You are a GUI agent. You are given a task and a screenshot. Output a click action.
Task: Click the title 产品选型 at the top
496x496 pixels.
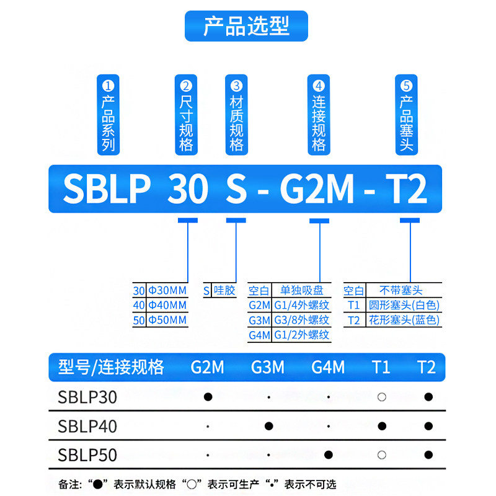pyautogui.click(x=246, y=26)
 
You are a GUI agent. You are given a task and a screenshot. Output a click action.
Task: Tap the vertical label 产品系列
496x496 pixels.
pyautogui.click(x=109, y=115)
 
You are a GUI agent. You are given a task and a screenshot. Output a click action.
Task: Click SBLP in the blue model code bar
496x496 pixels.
pyautogui.click(x=107, y=189)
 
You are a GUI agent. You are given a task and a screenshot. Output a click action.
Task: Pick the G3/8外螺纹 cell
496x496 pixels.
pyautogui.click(x=301, y=321)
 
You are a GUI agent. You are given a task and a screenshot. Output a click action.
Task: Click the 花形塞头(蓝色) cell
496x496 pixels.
pyautogui.click(x=403, y=321)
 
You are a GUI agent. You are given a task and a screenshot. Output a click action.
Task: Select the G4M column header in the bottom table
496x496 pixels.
pyautogui.click(x=328, y=367)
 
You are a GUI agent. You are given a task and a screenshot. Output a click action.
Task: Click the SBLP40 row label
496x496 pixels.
pyautogui.click(x=87, y=427)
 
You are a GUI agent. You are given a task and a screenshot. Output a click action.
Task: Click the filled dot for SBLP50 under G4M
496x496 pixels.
pyautogui.click(x=329, y=455)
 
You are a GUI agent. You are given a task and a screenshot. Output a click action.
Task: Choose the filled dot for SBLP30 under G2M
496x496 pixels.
pyautogui.click(x=208, y=397)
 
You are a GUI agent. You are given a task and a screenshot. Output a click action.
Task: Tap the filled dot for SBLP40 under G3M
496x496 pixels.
pyautogui.click(x=268, y=426)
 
